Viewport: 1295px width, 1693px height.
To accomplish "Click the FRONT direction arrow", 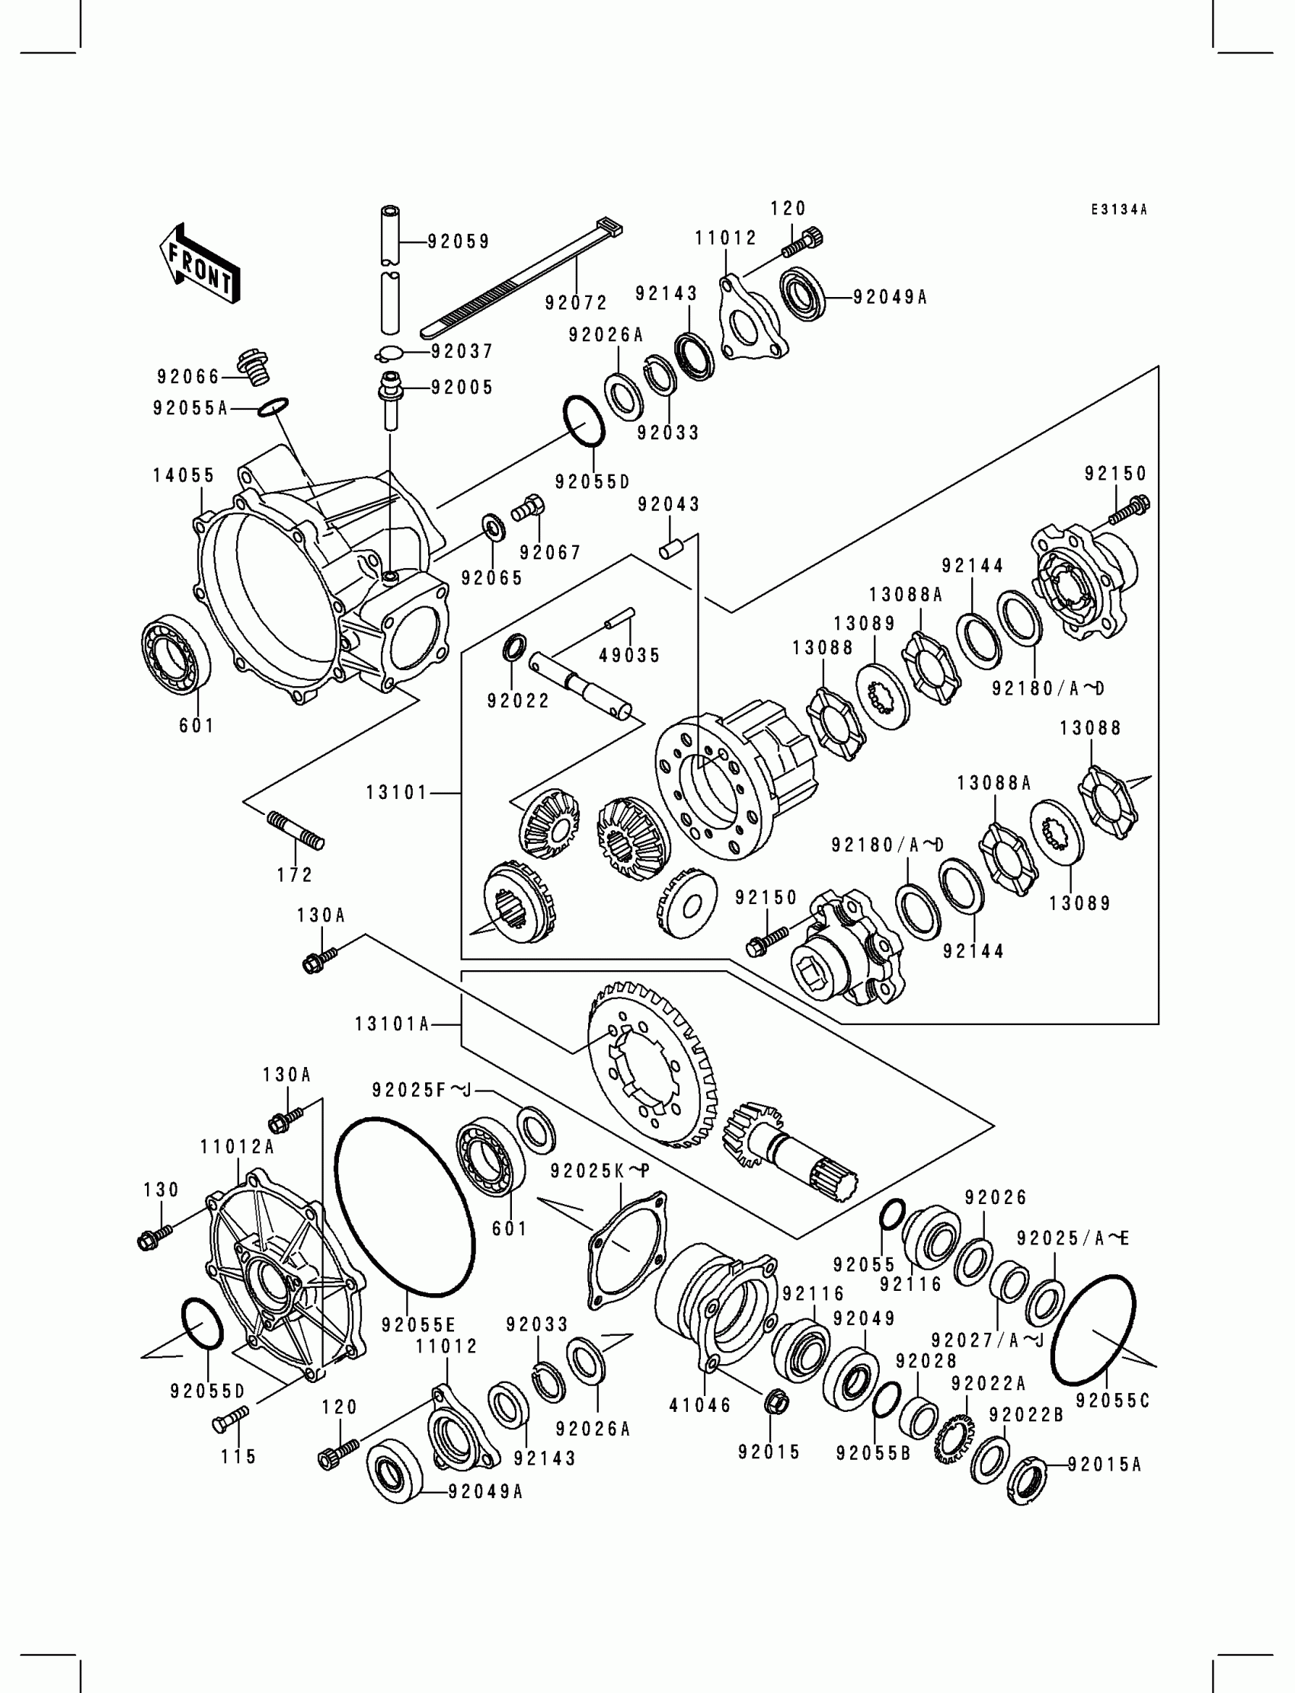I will click(199, 264).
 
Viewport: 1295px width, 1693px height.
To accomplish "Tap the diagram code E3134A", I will click(1118, 209).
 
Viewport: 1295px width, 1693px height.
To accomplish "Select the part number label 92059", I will click(459, 242).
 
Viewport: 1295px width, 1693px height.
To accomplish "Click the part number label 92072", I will click(577, 303).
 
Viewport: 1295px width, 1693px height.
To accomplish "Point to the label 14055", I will click(184, 475).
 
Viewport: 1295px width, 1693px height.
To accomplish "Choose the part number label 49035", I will click(630, 655).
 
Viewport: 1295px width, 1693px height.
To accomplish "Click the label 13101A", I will click(392, 1024).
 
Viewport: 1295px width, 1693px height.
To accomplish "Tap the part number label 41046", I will click(700, 1405).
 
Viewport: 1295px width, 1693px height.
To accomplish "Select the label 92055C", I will click(1112, 1401).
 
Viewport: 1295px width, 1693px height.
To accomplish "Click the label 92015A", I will click(1104, 1464).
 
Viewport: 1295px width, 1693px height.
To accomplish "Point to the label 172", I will click(296, 874).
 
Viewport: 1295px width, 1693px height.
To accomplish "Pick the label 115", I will click(238, 1456).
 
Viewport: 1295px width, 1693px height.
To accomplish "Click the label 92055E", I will click(418, 1324).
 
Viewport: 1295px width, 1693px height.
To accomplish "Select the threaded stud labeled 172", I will click(296, 831).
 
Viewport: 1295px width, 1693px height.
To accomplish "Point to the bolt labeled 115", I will click(231, 1417).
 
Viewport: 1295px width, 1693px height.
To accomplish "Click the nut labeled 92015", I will click(774, 1402).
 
